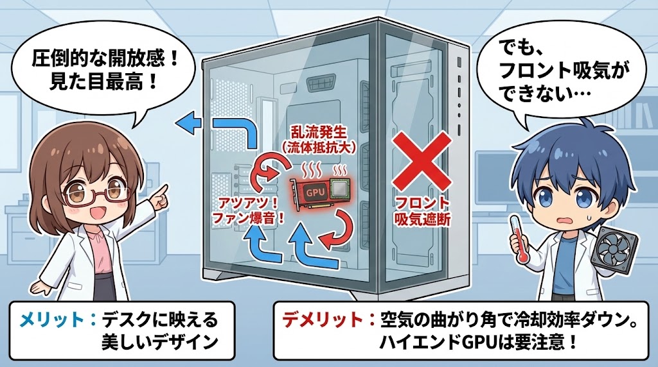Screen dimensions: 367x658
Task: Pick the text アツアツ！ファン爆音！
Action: coord(248,210)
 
